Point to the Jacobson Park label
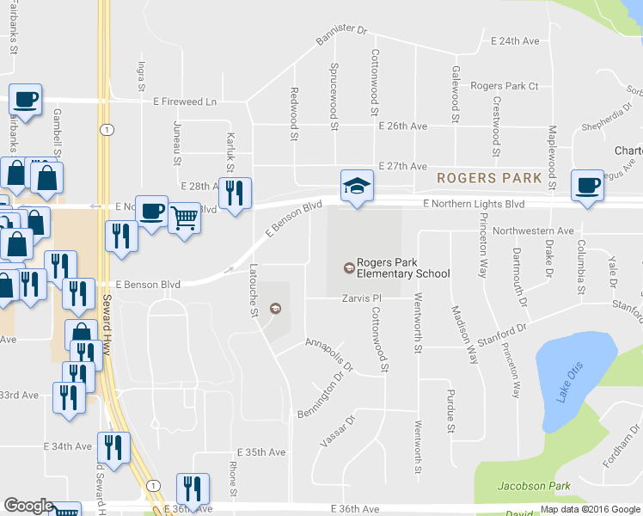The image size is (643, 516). (x=534, y=487)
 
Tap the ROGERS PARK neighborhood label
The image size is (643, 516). (x=488, y=179)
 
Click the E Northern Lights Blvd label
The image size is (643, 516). (x=474, y=204)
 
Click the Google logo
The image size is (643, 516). (x=28, y=506)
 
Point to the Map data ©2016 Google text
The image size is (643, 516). (x=590, y=509)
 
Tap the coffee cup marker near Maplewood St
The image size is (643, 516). (x=587, y=186)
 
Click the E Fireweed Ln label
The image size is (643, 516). (x=185, y=101)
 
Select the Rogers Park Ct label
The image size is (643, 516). (x=505, y=86)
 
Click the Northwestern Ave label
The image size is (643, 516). (x=533, y=231)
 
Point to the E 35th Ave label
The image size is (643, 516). (x=261, y=452)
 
